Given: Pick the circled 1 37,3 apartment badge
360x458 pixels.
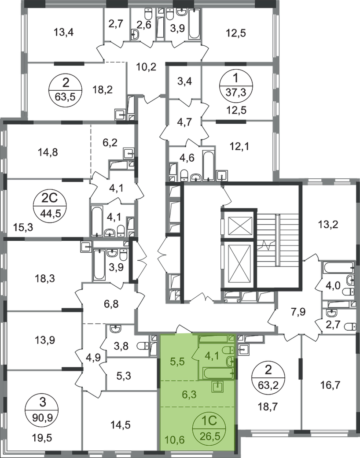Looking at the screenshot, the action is point(235,85).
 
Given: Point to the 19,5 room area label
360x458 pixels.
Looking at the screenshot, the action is point(43,437).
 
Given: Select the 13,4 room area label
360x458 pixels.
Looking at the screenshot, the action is point(63,32).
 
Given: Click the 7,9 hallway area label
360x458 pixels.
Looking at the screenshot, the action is point(298,312).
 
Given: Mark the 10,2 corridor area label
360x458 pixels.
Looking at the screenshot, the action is point(146,67).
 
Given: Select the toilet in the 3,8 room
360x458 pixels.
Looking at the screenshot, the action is point(143,346).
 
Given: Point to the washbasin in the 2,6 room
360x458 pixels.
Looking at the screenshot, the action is point(135,35).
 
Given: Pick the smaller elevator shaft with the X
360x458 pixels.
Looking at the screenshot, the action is point(240,225).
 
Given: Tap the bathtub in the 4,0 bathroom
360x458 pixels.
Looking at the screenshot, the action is point(339,267).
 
